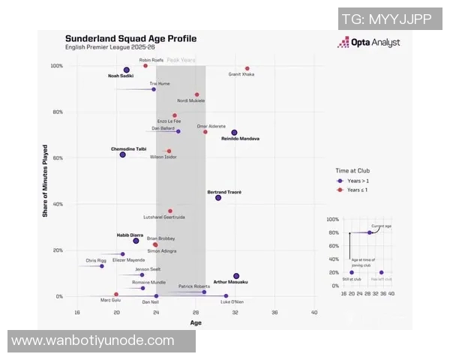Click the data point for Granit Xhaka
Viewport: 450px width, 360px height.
click(x=247, y=68)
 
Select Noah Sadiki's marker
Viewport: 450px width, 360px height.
click(x=127, y=70)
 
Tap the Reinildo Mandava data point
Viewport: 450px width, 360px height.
click(x=234, y=133)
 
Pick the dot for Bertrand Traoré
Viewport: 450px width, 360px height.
click(x=218, y=197)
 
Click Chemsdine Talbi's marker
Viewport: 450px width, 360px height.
click(x=122, y=154)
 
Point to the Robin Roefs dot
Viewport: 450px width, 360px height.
click(x=145, y=66)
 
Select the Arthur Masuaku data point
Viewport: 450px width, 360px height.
click(x=236, y=276)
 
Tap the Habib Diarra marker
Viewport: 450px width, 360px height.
click(x=136, y=241)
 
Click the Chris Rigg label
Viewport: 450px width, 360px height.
click(x=96, y=260)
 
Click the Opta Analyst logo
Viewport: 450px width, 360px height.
click(x=368, y=43)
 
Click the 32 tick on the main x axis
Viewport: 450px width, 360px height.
click(x=235, y=312)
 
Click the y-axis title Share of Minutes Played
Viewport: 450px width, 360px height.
click(x=44, y=181)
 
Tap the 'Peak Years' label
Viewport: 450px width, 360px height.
click(x=181, y=59)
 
